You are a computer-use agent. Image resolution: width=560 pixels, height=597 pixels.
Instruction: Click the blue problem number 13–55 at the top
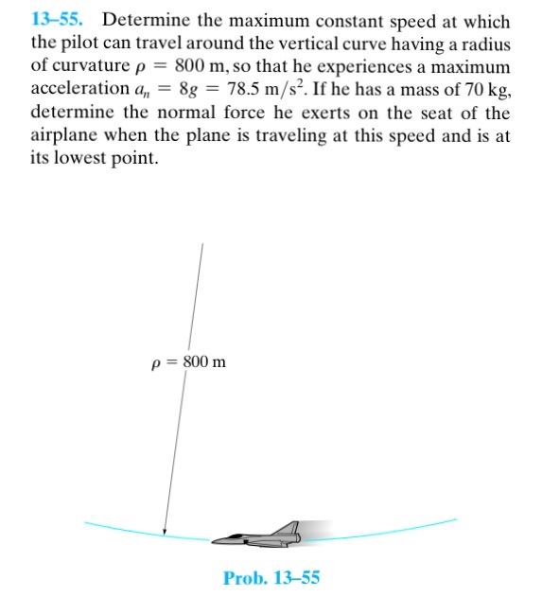55,21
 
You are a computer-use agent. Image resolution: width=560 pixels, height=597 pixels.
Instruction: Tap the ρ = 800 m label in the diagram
188,362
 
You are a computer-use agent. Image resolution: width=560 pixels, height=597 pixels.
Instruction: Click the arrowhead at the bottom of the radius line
166,532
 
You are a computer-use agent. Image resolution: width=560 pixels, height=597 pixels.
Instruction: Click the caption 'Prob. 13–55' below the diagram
271,577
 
